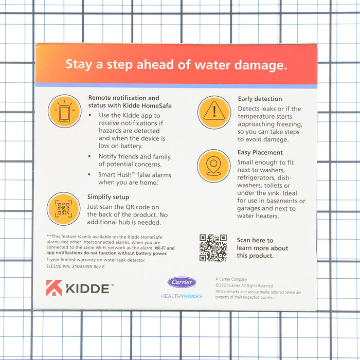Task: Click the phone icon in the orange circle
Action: click(x=65, y=111)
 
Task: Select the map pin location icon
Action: click(x=213, y=166)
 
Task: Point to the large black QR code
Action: click(x=213, y=248)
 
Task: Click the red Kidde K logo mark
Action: click(x=54, y=288)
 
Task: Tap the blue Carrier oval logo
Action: click(x=182, y=282)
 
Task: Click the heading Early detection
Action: click(x=260, y=99)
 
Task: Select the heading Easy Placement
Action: click(x=260, y=152)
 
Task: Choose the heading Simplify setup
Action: click(x=108, y=197)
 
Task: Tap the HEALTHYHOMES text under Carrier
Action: click(x=182, y=296)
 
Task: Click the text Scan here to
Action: click(x=255, y=240)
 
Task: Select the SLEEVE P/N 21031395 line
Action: click(x=76, y=266)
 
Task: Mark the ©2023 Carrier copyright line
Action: click(x=245, y=285)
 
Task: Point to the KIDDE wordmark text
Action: click(x=87, y=289)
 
